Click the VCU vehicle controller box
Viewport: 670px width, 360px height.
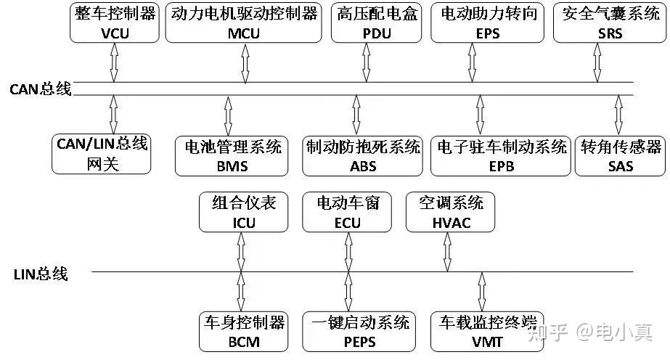(x=115, y=22)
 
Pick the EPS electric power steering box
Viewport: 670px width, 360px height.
(x=483, y=22)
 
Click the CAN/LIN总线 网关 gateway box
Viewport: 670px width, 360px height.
(x=102, y=154)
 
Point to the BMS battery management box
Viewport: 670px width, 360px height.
(x=232, y=155)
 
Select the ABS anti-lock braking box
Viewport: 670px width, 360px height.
(x=363, y=155)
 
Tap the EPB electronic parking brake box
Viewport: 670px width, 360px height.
(x=500, y=155)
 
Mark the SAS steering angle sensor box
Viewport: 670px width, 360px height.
(x=621, y=155)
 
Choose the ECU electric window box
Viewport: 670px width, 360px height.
(x=348, y=212)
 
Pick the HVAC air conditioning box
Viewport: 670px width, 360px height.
(x=445, y=212)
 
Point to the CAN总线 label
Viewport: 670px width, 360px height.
(x=41, y=89)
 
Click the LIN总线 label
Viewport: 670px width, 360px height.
(x=41, y=274)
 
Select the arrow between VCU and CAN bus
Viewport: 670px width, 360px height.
(x=114, y=62)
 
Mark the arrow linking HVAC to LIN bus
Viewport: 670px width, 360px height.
(x=444, y=252)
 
